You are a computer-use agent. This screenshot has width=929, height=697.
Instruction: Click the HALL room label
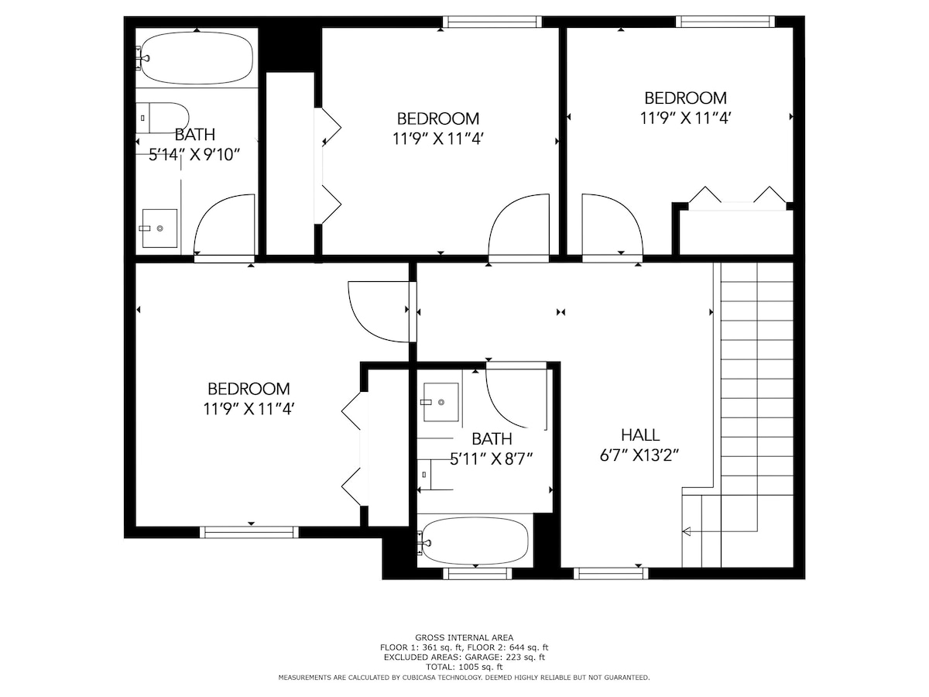(x=640, y=435)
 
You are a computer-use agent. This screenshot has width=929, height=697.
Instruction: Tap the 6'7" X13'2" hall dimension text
(x=639, y=456)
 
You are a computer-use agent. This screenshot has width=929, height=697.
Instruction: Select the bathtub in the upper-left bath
(x=197, y=58)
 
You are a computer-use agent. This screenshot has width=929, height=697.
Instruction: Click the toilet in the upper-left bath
(x=162, y=118)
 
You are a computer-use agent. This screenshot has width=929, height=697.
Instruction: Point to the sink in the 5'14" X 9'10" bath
(x=159, y=228)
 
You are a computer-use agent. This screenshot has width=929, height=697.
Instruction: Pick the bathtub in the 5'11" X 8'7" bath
(x=475, y=541)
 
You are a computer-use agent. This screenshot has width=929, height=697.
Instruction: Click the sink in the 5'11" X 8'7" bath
(x=441, y=402)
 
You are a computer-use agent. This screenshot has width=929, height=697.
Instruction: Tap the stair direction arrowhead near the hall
(x=687, y=531)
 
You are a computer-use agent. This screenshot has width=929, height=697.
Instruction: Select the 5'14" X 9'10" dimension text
(x=194, y=155)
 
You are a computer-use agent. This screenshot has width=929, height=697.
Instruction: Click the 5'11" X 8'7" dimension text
(x=491, y=459)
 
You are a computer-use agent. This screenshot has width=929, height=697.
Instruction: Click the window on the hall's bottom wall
(x=611, y=573)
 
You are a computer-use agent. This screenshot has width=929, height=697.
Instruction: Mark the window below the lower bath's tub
(x=478, y=573)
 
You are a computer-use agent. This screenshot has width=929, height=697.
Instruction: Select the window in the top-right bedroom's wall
(x=725, y=22)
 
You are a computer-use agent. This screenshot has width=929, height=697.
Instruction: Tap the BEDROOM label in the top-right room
(x=685, y=98)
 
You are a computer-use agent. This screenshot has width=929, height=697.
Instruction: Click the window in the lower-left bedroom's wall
(x=249, y=532)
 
